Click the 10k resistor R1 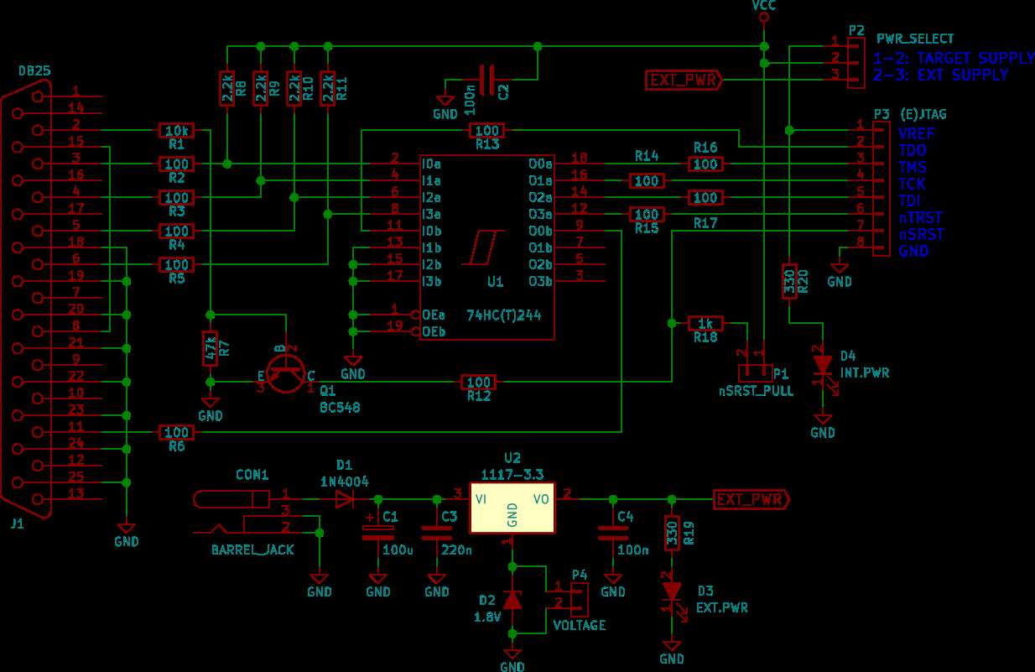pyautogui.click(x=176, y=130)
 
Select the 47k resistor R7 pyautogui.click(x=211, y=348)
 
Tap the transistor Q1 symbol pyautogui.click(x=287, y=373)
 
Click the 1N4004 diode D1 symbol pyautogui.click(x=345, y=499)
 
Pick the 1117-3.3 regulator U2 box pyautogui.click(x=512, y=508)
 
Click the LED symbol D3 pyautogui.click(x=671, y=591)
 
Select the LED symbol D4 pyautogui.click(x=823, y=365)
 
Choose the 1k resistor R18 pyautogui.click(x=705, y=323)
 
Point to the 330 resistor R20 pyautogui.click(x=788, y=281)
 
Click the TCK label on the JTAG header pyautogui.click(x=912, y=184)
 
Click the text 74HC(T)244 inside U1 pyautogui.click(x=504, y=315)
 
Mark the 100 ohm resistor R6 pyautogui.click(x=176, y=432)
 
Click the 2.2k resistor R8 pyautogui.click(x=227, y=88)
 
